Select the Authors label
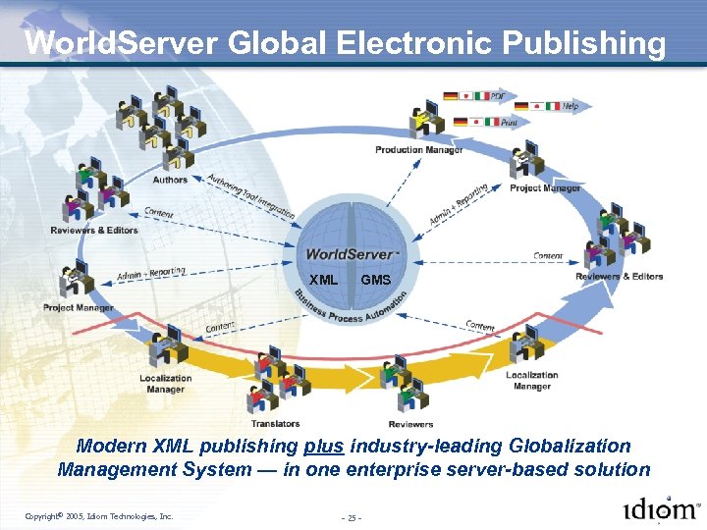[170, 180]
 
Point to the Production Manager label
[419, 150]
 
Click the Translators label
[275, 424]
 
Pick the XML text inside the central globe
[324, 280]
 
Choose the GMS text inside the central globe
[375, 280]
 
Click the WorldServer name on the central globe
[350, 254]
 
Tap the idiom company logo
[661, 510]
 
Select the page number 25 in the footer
[353, 516]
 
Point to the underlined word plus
[324, 447]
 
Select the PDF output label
[498, 96]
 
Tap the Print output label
[509, 123]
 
